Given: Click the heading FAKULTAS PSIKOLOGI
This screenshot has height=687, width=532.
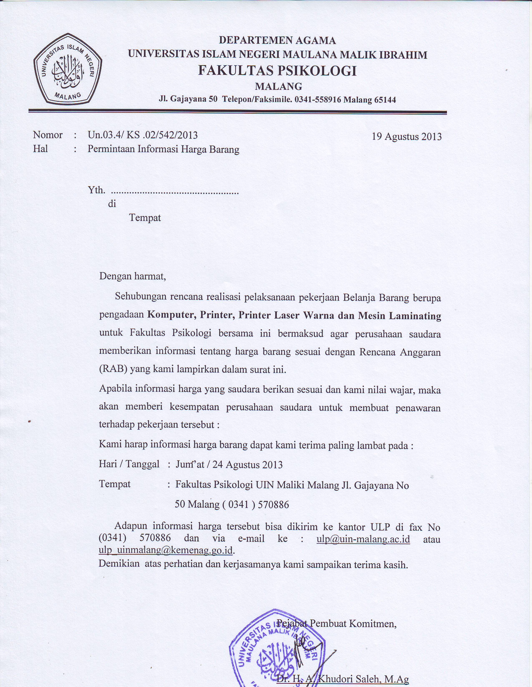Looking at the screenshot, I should (x=277, y=71).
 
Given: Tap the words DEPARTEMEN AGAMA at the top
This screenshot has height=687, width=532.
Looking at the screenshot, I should (x=277, y=41).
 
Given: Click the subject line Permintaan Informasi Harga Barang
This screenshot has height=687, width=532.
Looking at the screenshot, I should (x=163, y=149).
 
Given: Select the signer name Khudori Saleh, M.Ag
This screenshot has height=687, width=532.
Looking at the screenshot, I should (x=363, y=680).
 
